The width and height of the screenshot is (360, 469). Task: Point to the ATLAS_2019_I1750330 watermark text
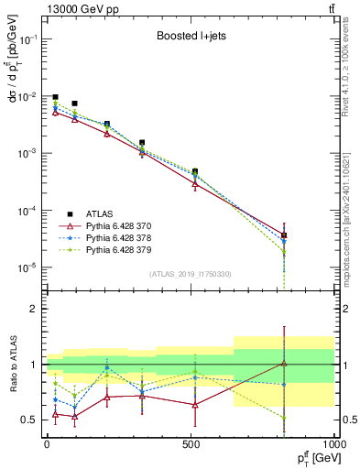[x=190, y=274]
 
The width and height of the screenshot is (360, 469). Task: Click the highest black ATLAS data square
[x=56, y=97]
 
